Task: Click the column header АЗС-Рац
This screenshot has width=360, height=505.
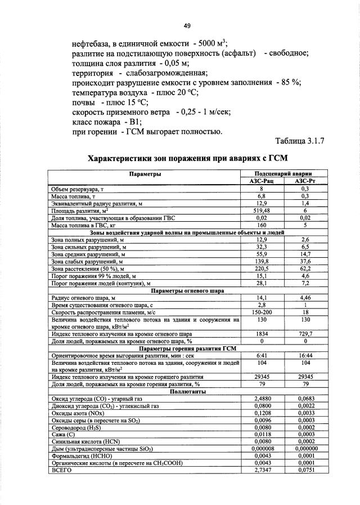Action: point(262,181)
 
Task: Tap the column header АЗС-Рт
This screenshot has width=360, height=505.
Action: point(305,181)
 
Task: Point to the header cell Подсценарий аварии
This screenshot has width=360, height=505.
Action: point(283,174)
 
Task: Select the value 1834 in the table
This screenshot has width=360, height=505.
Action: point(262,334)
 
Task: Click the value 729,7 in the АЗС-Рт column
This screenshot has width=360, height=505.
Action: point(305,334)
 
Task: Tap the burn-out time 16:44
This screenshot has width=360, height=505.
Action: point(305,356)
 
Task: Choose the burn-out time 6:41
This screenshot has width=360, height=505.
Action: point(262,356)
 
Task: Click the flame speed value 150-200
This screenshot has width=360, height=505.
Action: point(262,312)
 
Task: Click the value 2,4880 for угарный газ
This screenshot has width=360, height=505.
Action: point(262,399)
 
